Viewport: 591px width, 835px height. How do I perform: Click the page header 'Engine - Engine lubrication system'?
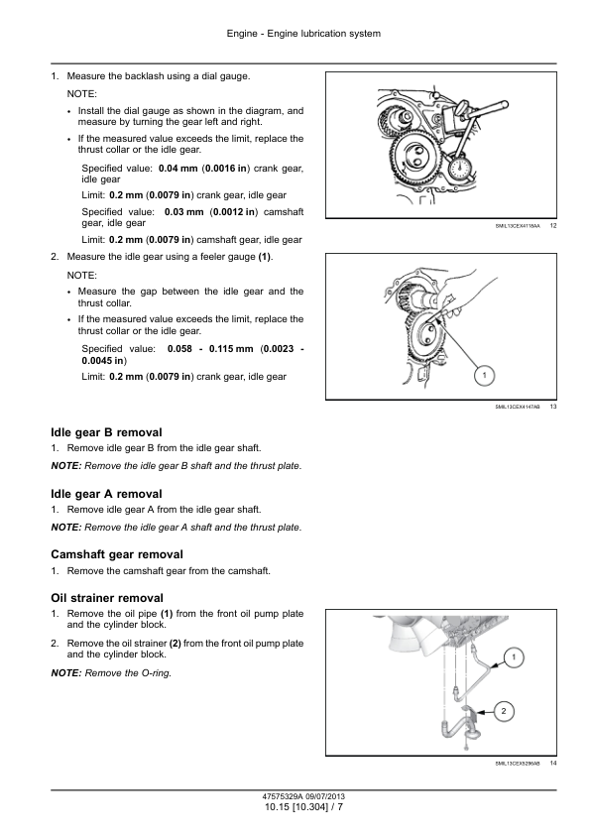303,34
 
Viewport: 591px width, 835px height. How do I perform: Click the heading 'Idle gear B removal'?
106,432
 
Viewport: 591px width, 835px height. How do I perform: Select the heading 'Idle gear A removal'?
106,494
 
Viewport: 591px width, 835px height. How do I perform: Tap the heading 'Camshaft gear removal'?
117,554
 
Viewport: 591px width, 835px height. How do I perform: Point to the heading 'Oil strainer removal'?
107,598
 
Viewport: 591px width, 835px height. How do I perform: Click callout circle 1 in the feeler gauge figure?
484,376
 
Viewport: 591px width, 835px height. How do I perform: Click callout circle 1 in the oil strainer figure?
514,657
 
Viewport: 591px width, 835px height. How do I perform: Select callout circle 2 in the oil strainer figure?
504,711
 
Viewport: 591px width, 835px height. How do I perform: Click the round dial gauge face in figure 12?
458,169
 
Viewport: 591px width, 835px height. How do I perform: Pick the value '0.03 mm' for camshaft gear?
184,212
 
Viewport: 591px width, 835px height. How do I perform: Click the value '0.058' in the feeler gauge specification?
179,349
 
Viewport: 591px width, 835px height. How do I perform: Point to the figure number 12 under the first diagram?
553,226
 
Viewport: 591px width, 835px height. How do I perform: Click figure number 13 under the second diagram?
553,407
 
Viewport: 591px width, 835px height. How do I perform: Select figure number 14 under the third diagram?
553,764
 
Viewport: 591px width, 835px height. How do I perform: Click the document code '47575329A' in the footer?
283,796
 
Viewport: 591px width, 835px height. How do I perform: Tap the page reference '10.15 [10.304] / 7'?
303,807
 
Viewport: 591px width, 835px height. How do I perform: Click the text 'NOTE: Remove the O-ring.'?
111,673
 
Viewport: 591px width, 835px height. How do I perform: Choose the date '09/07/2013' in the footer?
325,796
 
